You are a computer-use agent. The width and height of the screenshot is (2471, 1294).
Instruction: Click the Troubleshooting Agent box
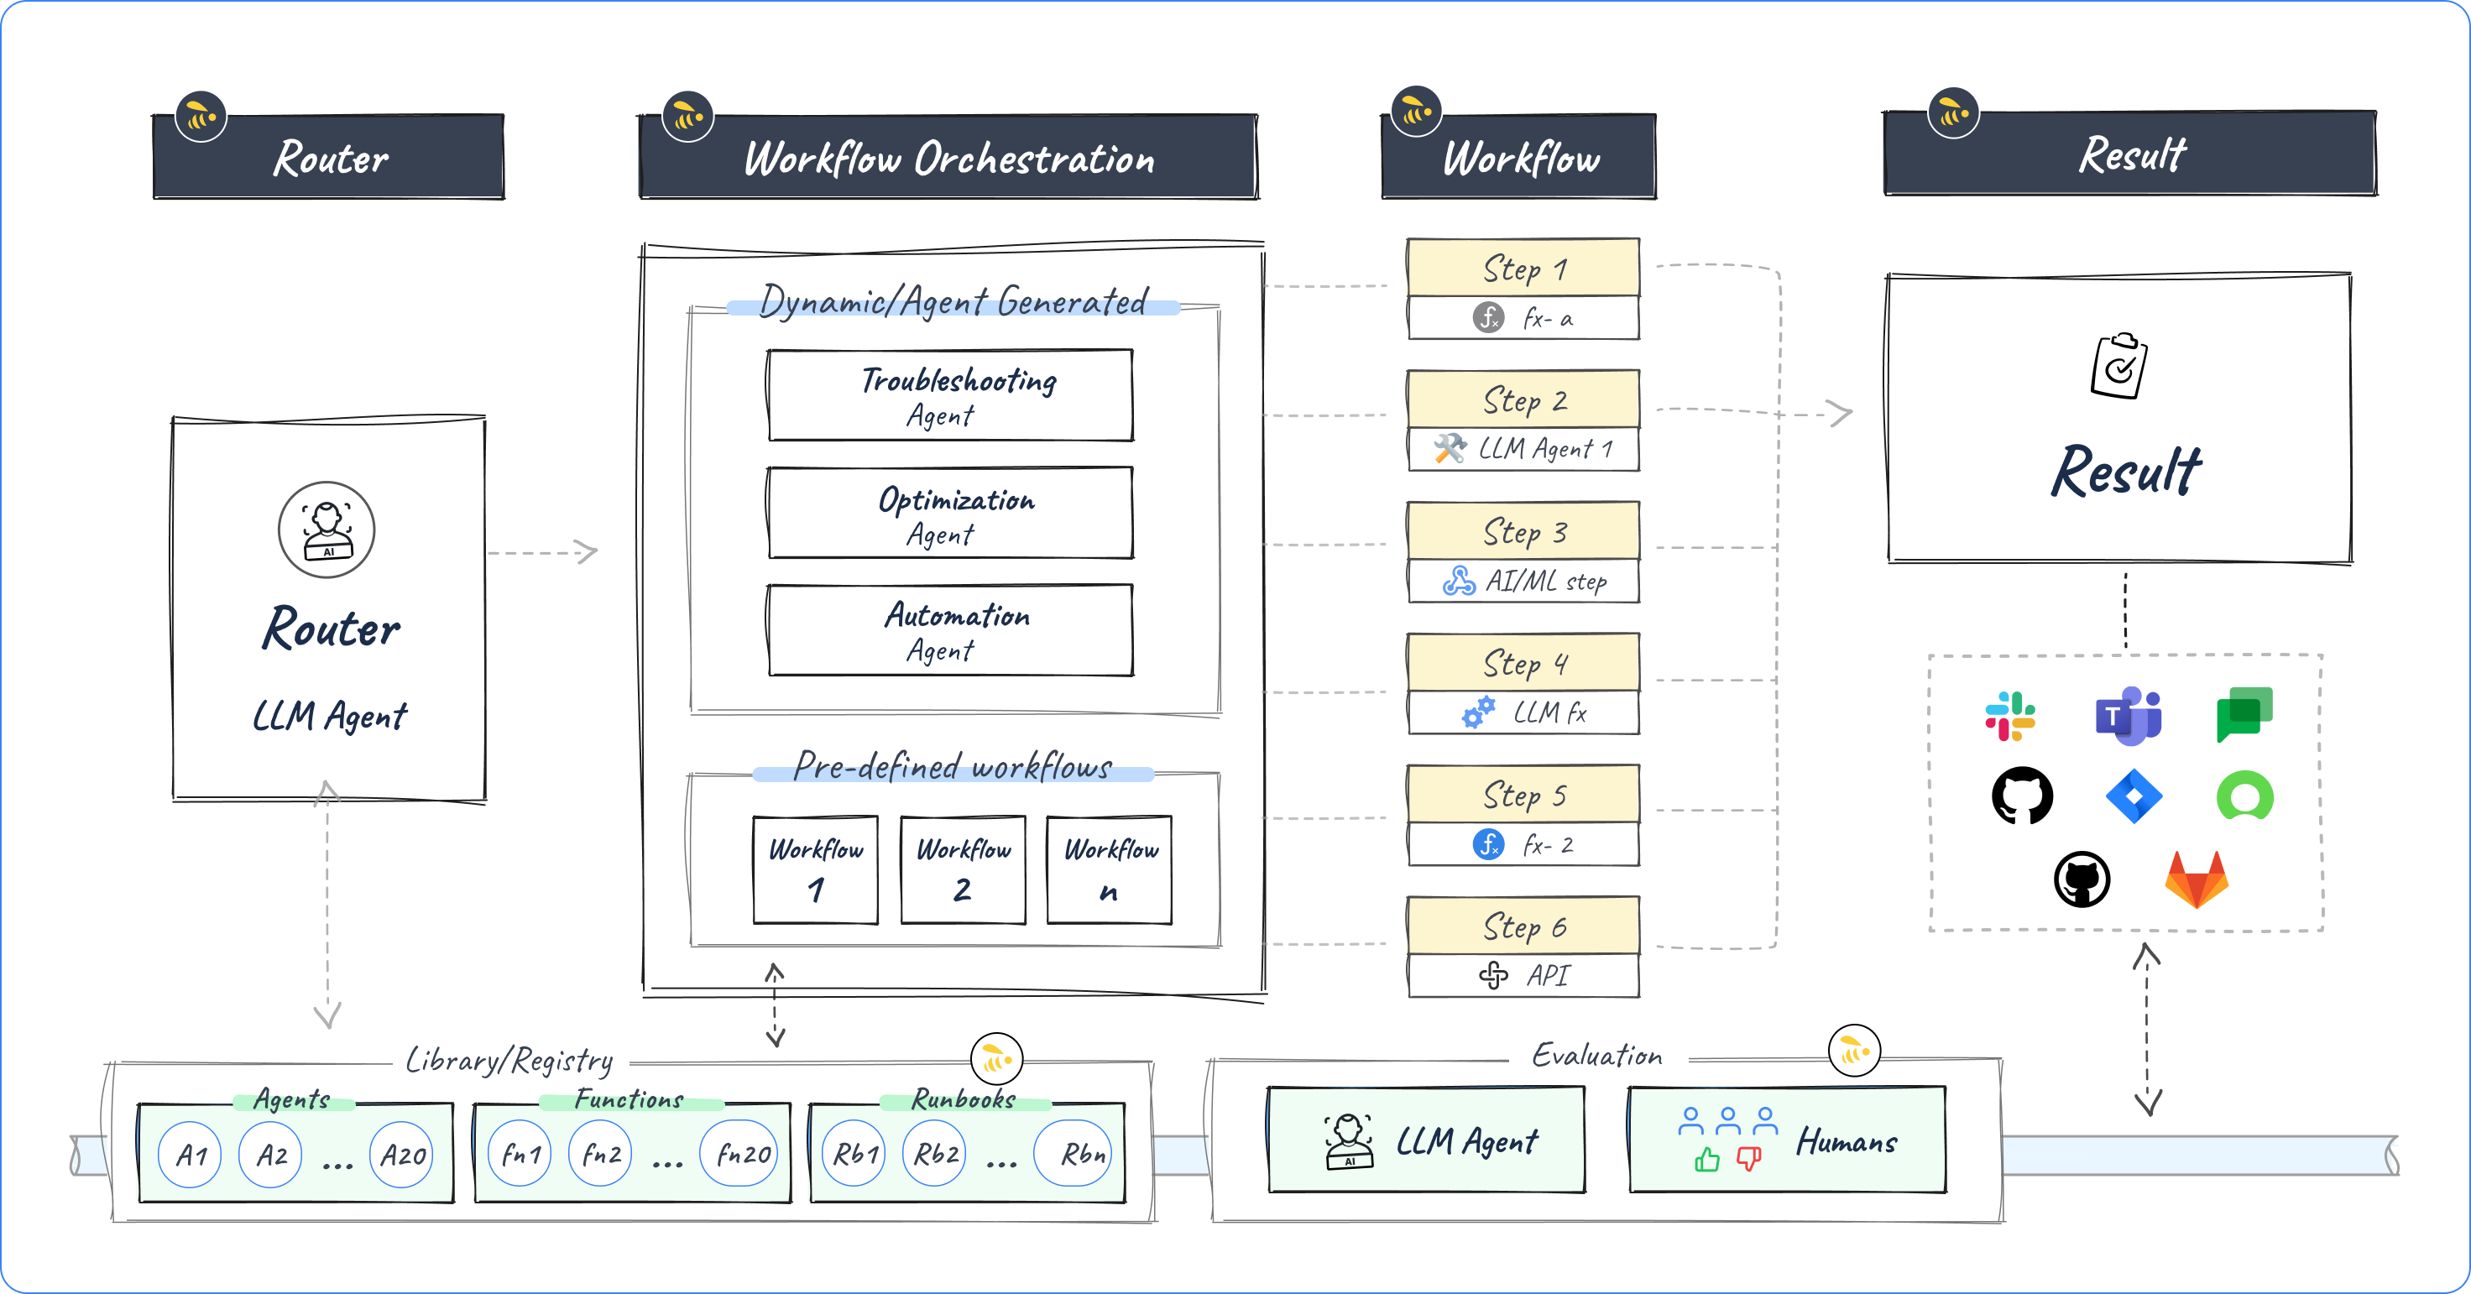pyautogui.click(x=949, y=395)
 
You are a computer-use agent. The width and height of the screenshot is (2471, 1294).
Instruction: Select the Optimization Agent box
pyautogui.click(x=949, y=514)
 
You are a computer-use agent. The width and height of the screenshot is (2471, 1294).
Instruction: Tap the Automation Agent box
pyautogui.click(x=949, y=630)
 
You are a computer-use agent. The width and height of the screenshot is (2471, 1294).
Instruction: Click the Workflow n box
pyautogui.click(x=1109, y=869)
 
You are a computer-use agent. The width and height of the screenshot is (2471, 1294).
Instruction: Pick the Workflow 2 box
pyautogui.click(x=963, y=869)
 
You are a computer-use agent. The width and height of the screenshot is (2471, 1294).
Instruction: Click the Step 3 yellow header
pyautogui.click(x=1523, y=530)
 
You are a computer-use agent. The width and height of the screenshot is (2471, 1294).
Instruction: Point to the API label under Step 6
pyautogui.click(x=1547, y=976)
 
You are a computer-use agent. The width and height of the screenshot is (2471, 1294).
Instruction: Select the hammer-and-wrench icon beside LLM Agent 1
pyautogui.click(x=1450, y=448)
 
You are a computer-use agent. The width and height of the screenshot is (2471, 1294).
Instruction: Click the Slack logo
pyautogui.click(x=2009, y=716)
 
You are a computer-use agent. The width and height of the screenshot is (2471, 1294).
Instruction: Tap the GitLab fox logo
pyautogui.click(x=2196, y=879)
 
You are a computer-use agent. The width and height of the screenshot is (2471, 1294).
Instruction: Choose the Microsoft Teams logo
pyautogui.click(x=2128, y=716)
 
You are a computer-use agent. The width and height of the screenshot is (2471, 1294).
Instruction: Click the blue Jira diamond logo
pyautogui.click(x=2134, y=796)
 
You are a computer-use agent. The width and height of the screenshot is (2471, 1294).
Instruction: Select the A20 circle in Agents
pyautogui.click(x=402, y=1155)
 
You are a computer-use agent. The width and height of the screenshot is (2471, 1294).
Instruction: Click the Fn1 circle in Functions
pyautogui.click(x=520, y=1154)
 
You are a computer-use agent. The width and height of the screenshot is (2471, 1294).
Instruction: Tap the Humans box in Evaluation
pyautogui.click(x=1787, y=1140)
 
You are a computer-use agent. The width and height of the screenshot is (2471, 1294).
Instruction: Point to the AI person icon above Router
pyautogui.click(x=327, y=530)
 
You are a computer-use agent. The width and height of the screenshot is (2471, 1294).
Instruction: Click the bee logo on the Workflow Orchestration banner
pyautogui.click(x=687, y=117)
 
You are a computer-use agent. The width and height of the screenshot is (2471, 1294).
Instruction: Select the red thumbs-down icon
pyautogui.click(x=1747, y=1159)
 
